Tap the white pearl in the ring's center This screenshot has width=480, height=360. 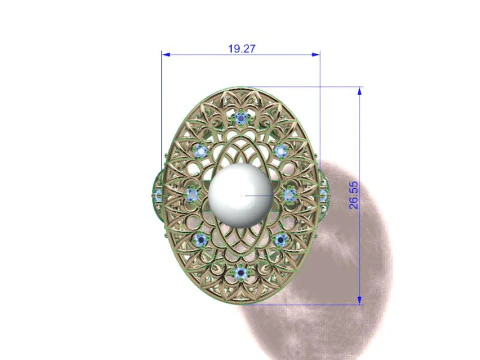241,197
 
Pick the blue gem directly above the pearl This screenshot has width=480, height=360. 241,118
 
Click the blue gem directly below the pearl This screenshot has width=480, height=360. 240,273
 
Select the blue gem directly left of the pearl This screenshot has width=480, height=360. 191,194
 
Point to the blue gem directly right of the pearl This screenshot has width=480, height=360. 290,194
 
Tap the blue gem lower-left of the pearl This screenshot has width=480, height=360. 204,240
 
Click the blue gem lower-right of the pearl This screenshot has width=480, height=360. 279,240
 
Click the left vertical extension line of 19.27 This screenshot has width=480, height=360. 161,100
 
